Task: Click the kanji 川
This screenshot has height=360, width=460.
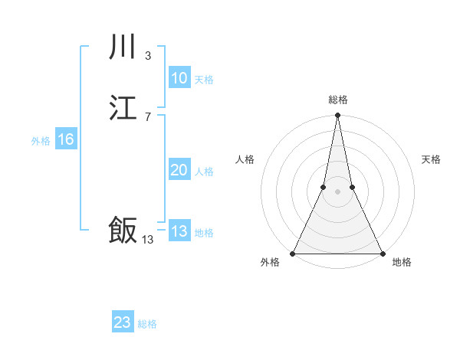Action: pyautogui.click(x=123, y=48)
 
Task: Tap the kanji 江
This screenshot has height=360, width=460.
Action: pyautogui.click(x=123, y=109)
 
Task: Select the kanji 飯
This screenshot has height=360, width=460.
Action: pyautogui.click(x=123, y=230)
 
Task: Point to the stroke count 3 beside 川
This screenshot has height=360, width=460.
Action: pyautogui.click(x=148, y=55)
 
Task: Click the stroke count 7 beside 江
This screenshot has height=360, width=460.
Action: pyautogui.click(x=148, y=116)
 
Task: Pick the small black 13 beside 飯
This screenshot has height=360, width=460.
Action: pyautogui.click(x=148, y=240)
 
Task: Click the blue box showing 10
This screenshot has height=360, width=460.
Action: pyautogui.click(x=179, y=78)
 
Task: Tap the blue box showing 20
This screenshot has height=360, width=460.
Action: pyautogui.click(x=179, y=170)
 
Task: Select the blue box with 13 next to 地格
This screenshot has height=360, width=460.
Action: pyautogui.click(x=179, y=231)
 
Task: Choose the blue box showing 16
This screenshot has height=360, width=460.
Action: pyautogui.click(x=65, y=139)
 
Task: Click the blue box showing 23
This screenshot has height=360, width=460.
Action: pyautogui.click(x=123, y=322)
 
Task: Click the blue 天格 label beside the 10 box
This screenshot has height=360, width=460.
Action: pyautogui.click(x=204, y=80)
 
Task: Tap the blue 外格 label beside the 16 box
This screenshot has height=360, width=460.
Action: pyautogui.click(x=41, y=141)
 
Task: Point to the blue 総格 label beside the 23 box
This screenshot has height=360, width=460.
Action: pyautogui.click(x=148, y=324)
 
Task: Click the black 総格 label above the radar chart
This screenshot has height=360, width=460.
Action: pyautogui.click(x=337, y=100)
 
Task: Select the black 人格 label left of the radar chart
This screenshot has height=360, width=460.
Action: pyautogui.click(x=245, y=159)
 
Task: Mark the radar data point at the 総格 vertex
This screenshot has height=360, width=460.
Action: pyautogui.click(x=337, y=116)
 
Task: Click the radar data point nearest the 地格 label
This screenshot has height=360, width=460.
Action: pyautogui.click(x=382, y=254)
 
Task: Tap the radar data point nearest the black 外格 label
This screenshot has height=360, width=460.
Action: pyautogui.click(x=293, y=254)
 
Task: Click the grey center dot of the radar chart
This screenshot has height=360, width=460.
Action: pyautogui.click(x=337, y=191)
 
